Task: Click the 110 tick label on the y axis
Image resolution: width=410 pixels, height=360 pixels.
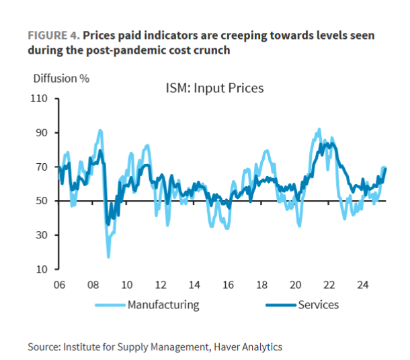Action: pos(40,99)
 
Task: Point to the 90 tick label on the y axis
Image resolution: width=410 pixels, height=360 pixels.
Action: pos(42,133)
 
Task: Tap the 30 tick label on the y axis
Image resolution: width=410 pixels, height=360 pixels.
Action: pos(42,235)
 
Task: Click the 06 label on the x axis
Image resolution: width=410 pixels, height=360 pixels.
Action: pos(58,285)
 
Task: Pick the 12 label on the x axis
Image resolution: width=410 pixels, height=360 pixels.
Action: pos(160,285)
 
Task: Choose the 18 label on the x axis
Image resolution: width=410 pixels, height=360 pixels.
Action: pos(262,285)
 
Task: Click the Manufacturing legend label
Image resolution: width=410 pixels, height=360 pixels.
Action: pos(163,304)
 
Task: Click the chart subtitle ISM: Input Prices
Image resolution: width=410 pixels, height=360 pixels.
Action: pos(214,89)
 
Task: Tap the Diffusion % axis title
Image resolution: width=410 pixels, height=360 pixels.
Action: pos(61,77)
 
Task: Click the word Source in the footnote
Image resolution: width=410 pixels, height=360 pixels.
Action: pos(43,347)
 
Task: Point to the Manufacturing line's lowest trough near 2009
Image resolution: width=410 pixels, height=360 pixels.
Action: pos(108,257)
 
